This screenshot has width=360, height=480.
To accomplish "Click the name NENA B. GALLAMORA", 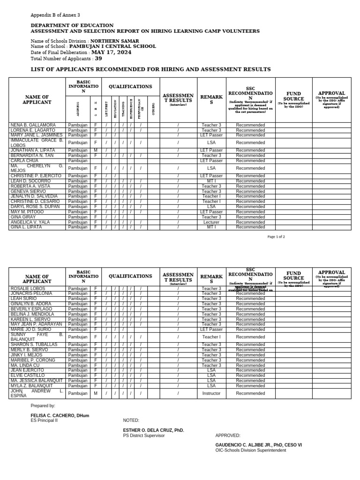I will click(33, 125).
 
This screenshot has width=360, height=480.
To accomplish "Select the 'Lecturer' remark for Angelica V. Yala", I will click(211, 222).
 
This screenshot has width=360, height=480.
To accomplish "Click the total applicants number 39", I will click(98, 59).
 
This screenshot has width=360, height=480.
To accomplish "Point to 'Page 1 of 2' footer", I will click(276, 237).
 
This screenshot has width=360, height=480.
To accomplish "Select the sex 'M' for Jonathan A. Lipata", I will click(96, 150).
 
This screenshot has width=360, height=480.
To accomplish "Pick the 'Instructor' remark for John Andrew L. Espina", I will click(211, 394).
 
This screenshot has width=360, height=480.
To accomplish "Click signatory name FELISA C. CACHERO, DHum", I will click(60, 415).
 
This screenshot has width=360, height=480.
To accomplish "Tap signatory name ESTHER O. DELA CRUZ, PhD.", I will click(153, 430).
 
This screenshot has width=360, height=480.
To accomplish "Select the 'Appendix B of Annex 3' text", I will click(55, 15).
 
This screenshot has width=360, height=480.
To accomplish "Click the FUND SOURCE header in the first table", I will click(293, 97).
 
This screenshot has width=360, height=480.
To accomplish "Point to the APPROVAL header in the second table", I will click(331, 272).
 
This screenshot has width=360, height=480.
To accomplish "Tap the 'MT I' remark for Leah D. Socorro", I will click(211, 181).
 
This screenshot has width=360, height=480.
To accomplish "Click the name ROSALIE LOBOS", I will click(28, 288).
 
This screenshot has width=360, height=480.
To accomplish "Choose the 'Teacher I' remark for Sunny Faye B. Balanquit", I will click(211, 337).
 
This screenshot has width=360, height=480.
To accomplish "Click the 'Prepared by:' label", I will click(43, 405).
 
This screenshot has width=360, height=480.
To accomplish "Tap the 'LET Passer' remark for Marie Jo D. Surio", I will click(211, 330).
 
